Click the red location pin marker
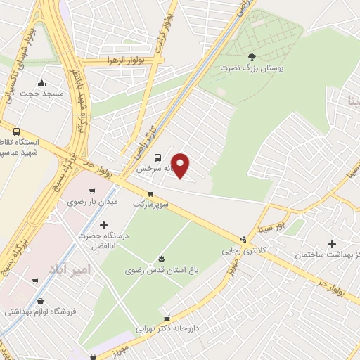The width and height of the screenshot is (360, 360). pyautogui.click(x=181, y=165)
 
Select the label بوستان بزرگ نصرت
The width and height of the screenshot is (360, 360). pyautogui.click(x=243, y=68)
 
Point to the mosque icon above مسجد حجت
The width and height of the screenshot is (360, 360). pyautogui.click(x=41, y=82)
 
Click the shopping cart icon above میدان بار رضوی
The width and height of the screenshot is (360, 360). pyautogui.click(x=92, y=191)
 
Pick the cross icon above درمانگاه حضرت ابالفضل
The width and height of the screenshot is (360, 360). pyautogui.click(x=104, y=225)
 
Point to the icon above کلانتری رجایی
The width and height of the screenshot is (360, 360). pyautogui.click(x=243, y=238)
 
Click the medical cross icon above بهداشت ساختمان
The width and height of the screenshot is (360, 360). pyautogui.click(x=332, y=243)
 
